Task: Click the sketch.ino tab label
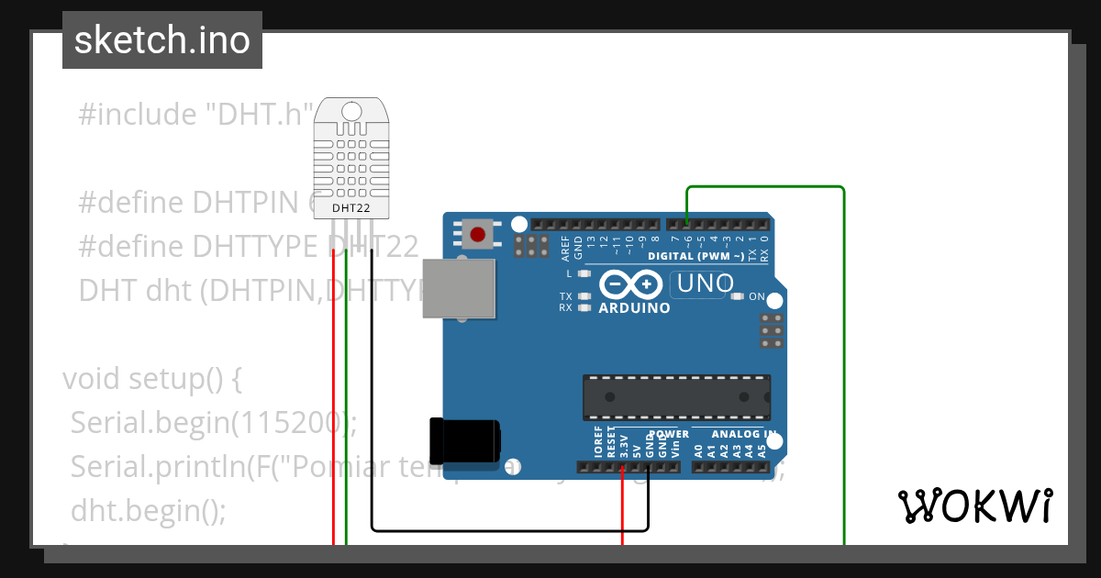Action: pos(161,40)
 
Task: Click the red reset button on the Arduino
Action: pos(477,235)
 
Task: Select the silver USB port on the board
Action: pos(459,288)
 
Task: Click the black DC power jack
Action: pos(465,441)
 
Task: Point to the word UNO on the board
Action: pos(706,284)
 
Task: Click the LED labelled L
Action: pos(584,273)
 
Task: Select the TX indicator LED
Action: pos(584,296)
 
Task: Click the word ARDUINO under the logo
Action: pos(634,308)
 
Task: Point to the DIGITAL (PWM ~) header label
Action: pos(696,257)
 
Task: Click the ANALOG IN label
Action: pos(744,434)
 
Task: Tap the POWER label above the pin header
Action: pos(669,434)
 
